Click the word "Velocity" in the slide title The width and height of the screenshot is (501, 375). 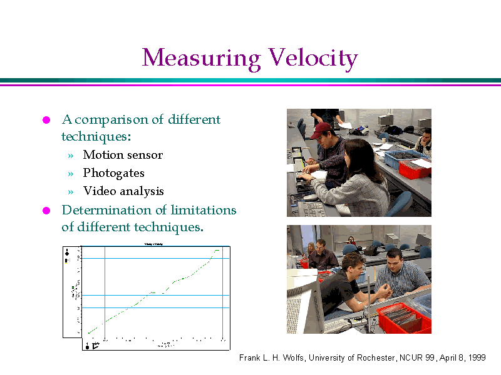[312, 59]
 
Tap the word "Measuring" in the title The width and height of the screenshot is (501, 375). [201, 59]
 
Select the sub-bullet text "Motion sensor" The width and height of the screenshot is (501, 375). [123, 155]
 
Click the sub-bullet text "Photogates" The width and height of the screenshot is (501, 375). [113, 173]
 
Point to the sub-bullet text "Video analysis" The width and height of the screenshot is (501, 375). [123, 191]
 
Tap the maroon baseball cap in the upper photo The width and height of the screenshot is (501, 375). [321, 129]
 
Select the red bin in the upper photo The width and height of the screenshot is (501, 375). [415, 167]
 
